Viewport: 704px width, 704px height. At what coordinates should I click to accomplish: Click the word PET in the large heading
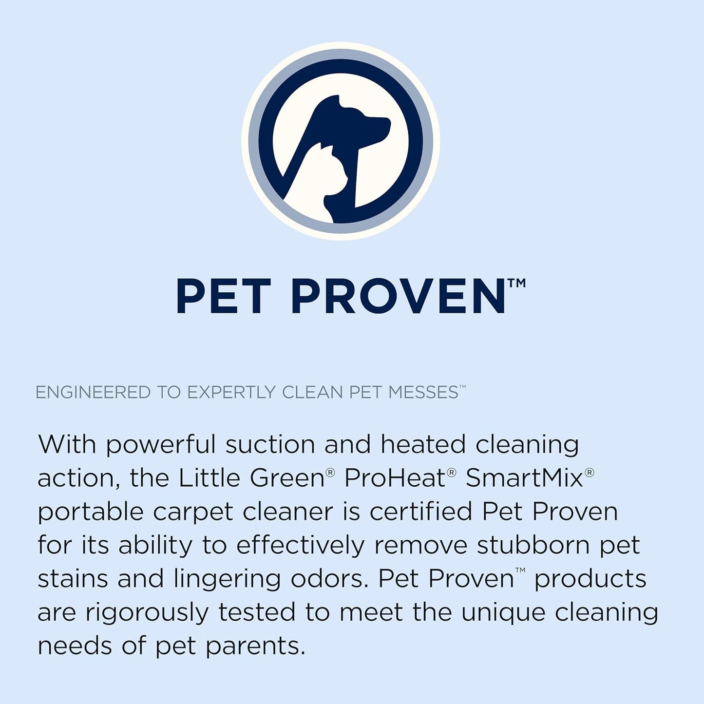point(223,297)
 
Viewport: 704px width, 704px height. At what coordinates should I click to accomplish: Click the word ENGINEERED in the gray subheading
point(93,392)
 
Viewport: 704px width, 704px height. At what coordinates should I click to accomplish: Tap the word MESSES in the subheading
point(423,392)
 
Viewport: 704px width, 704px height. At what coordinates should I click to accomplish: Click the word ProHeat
point(395,478)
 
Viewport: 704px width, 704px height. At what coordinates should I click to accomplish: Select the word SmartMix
point(524,478)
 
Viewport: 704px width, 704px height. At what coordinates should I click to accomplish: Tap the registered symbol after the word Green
point(330,472)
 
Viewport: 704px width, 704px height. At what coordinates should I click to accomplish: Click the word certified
point(421,512)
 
